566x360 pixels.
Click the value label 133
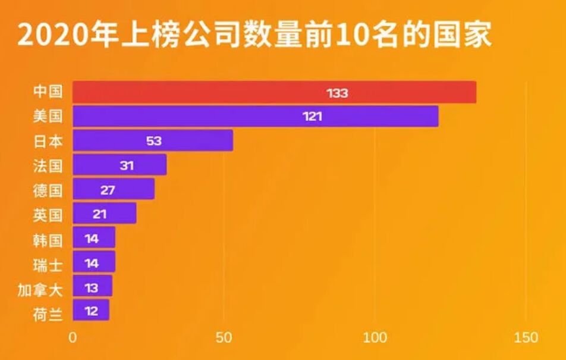pyautogui.click(x=337, y=93)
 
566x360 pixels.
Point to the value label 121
pyautogui.click(x=312, y=117)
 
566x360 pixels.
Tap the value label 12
pyautogui.click(x=91, y=311)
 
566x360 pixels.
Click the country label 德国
pyautogui.click(x=48, y=190)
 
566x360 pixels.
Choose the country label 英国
pyautogui.click(x=48, y=214)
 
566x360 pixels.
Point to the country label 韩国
pyautogui.click(x=48, y=239)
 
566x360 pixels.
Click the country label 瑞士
pyautogui.click(x=48, y=264)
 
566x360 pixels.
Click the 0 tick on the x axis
pyautogui.click(x=73, y=337)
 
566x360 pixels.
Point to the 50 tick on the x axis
pyautogui.click(x=224, y=337)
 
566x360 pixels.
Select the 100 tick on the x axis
pyautogui.click(x=375, y=337)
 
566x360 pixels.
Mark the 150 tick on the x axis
pyautogui.click(x=526, y=337)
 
